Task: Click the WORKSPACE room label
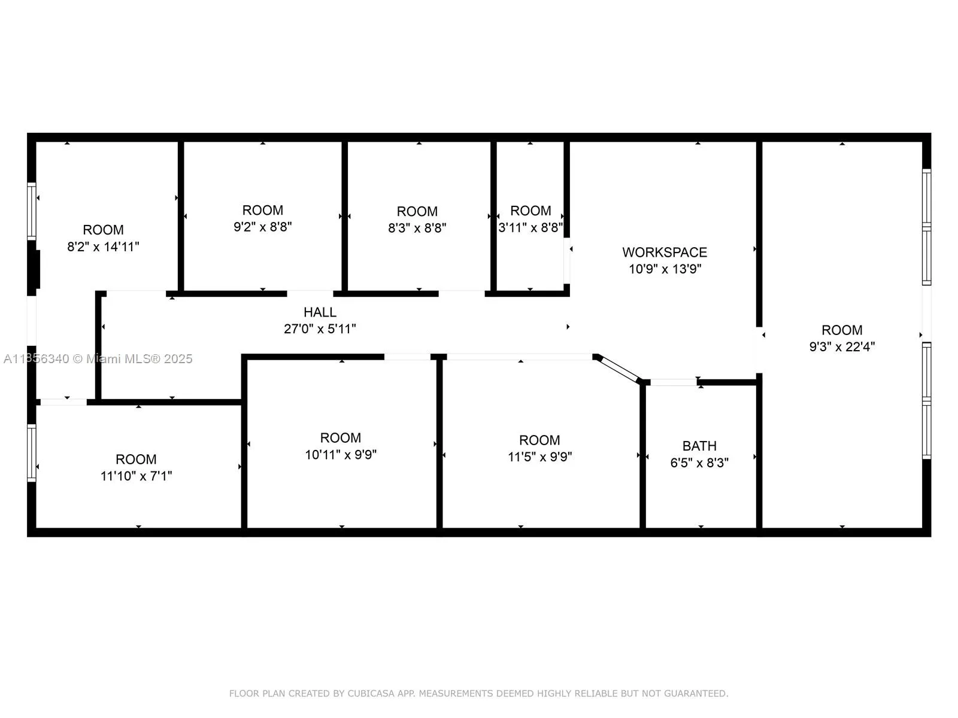coord(664,252)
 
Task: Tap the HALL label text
coord(320,312)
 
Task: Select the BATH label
coord(699,446)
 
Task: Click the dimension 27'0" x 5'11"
coord(320,328)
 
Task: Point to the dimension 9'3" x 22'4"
coord(842,346)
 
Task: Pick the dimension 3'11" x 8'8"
coord(530,227)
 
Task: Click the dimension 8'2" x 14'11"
coord(103,247)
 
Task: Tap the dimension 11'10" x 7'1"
coord(136,476)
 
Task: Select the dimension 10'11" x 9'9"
coord(341,455)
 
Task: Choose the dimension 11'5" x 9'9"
coord(539,457)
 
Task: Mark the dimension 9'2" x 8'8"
coord(263,227)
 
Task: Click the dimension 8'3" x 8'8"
coord(417,228)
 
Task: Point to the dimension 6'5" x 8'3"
coord(699,463)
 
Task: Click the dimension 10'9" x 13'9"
coord(665,269)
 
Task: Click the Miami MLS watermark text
coord(98,359)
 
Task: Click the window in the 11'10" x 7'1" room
coord(31,454)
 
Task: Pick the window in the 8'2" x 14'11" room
coord(31,211)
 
